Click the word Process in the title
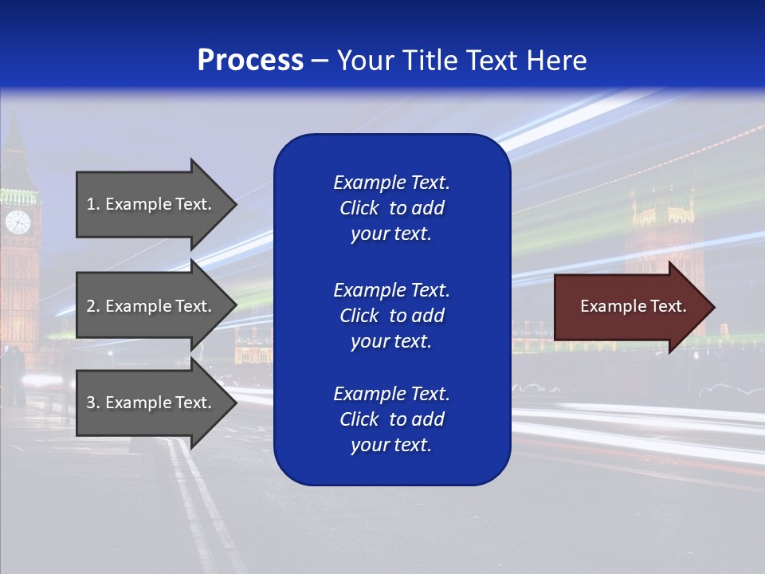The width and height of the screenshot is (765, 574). click(250, 61)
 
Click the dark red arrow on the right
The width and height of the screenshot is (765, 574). click(630, 307)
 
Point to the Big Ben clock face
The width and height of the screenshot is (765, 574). click(18, 222)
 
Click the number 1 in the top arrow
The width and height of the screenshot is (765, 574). click(91, 204)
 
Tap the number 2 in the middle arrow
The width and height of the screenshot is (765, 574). click(91, 306)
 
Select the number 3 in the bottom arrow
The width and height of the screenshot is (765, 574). click(91, 403)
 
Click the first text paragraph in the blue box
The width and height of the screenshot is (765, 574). click(391, 208)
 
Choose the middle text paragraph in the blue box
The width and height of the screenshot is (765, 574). click(391, 315)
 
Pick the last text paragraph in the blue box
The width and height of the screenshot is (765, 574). click(391, 419)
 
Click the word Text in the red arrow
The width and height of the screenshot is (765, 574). click(669, 306)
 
